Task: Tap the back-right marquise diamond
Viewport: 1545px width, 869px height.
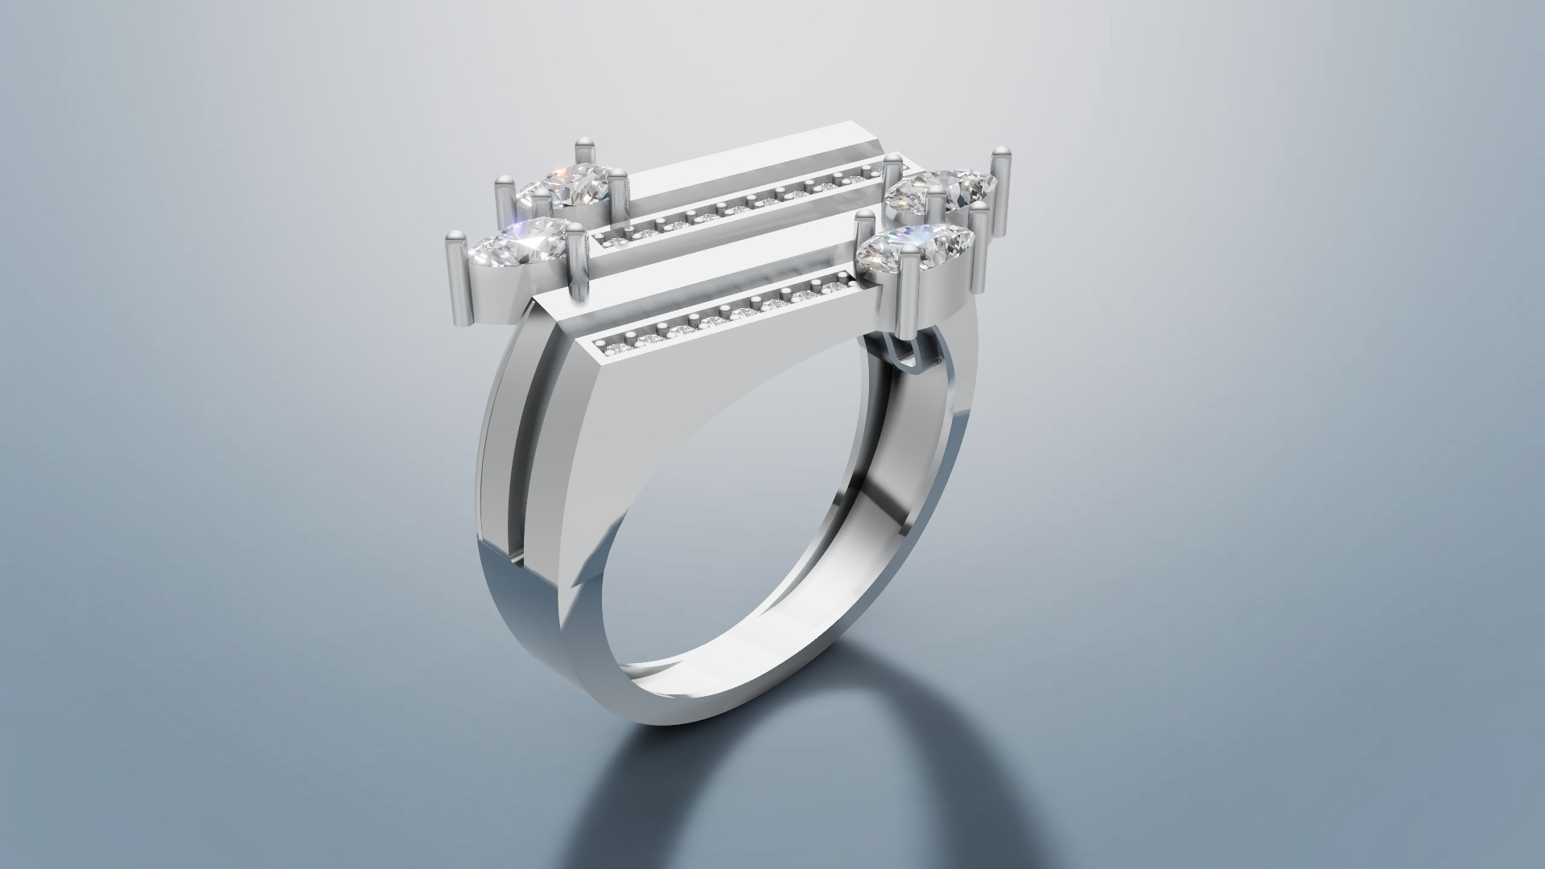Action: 941,190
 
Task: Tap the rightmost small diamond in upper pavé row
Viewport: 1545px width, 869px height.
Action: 869,171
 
